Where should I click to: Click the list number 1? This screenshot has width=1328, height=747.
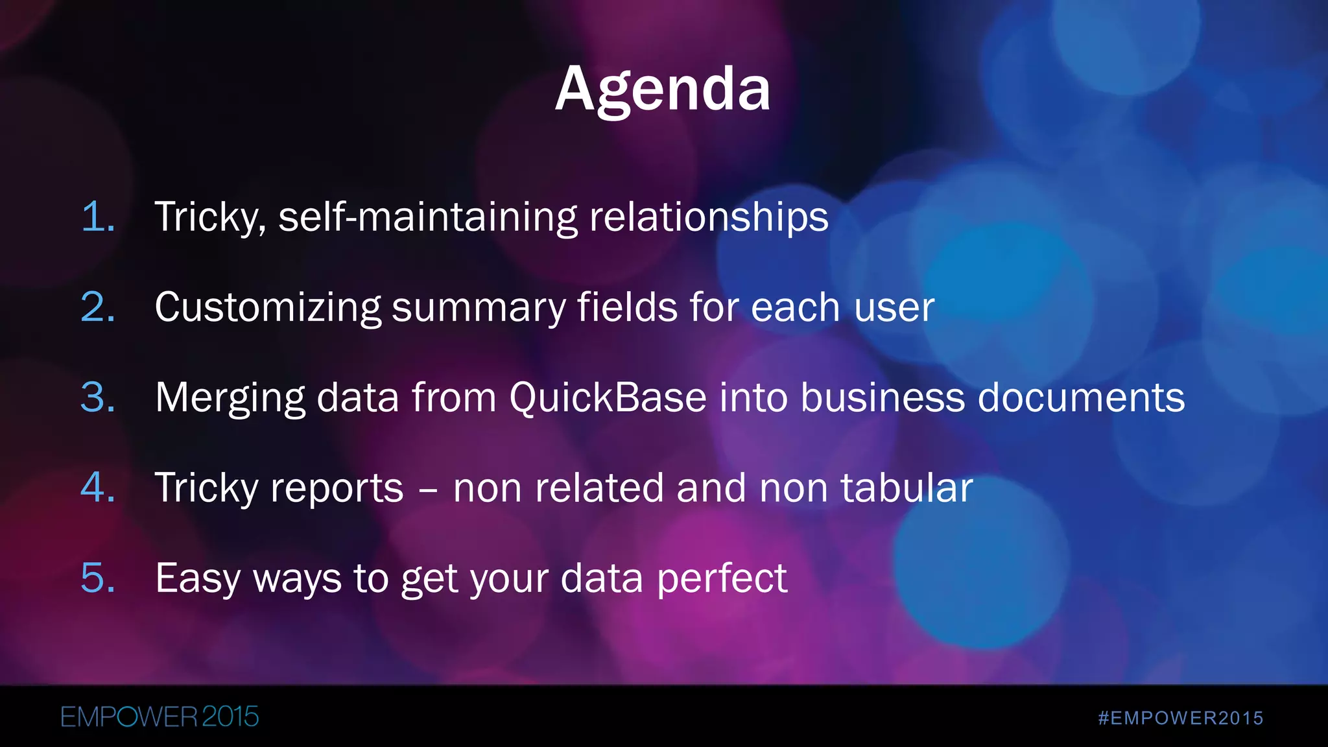tap(97, 217)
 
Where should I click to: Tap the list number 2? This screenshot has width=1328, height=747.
tap(97, 307)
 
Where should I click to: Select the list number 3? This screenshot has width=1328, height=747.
tap(97, 397)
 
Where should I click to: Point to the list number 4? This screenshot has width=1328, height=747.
tap(97, 487)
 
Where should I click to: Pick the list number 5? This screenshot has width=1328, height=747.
tap(97, 577)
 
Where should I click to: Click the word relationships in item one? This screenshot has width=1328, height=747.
tap(708, 217)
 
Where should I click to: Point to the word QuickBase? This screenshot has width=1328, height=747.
tap(608, 397)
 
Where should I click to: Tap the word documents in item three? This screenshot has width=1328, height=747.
tap(1080, 397)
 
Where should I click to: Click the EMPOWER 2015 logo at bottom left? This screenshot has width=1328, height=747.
tap(160, 717)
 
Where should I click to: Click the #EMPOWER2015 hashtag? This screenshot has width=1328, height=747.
tap(1181, 718)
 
